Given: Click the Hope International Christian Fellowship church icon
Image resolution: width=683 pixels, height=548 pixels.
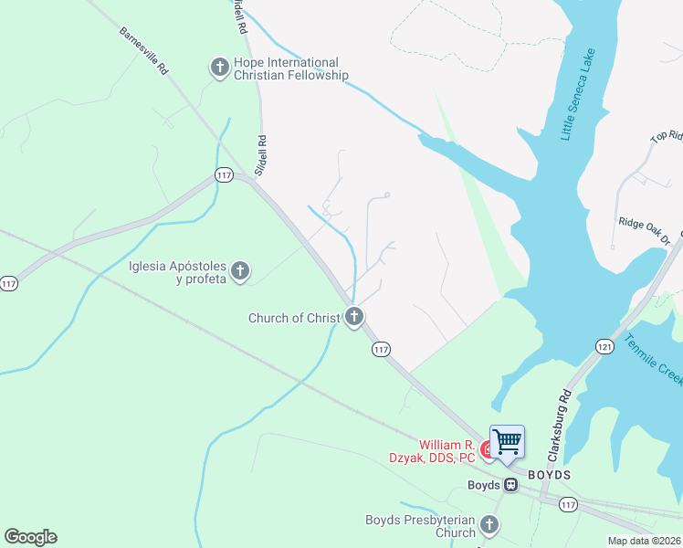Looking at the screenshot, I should tap(219, 68).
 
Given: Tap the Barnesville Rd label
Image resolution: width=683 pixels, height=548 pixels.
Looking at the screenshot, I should tap(144, 51).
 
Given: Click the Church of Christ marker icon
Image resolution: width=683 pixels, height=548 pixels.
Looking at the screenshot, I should tap(354, 318).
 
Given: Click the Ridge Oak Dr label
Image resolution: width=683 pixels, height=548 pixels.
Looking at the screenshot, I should tap(645, 232).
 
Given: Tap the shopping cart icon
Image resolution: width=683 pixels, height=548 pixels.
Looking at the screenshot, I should tap(508, 443).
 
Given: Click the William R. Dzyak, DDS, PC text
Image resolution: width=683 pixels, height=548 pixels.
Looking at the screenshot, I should tap(447, 450).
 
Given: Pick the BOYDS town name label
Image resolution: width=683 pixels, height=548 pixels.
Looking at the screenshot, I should tap(550, 476).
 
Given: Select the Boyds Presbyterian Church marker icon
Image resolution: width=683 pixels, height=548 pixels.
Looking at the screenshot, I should tap(489, 525).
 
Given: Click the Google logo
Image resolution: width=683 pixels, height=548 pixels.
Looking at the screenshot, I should tap(30, 537).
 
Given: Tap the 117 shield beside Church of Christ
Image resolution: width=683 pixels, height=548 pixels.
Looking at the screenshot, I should tap(381, 349).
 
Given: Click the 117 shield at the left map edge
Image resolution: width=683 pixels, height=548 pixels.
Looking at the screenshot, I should tap(7, 284).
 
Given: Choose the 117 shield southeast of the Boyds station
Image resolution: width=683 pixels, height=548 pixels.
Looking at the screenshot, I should tap(569, 504).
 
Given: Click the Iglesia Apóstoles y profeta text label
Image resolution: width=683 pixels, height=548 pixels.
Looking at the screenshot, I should tap(178, 272).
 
